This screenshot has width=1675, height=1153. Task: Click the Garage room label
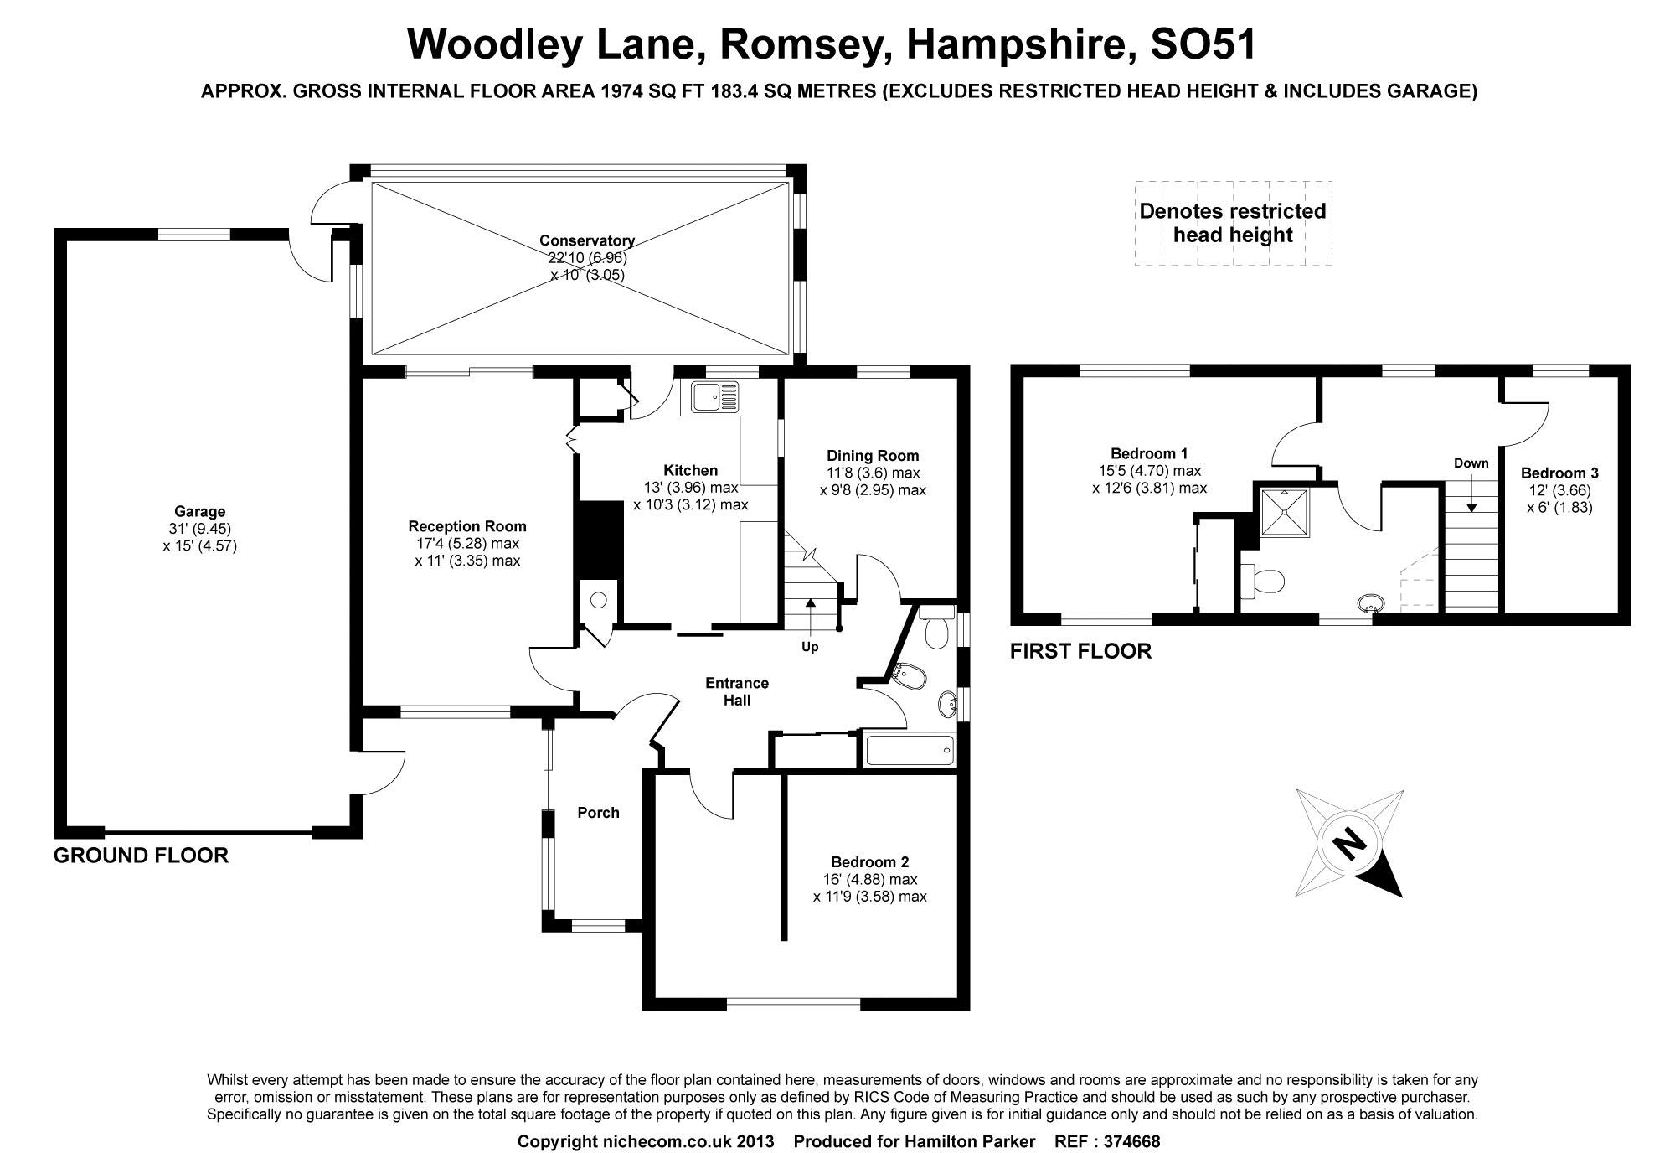199,511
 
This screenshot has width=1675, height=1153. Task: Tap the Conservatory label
586,241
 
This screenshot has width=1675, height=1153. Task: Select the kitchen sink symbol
714,396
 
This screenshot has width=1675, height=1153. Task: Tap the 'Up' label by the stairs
810,647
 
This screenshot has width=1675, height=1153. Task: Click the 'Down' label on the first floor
1471,463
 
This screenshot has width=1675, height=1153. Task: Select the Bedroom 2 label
869,862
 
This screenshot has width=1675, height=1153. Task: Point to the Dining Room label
873,456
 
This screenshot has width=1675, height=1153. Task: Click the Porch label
598,813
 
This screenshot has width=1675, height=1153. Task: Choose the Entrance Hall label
737,691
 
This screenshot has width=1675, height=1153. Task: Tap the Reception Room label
467,526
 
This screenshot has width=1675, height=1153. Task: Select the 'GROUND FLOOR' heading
141,856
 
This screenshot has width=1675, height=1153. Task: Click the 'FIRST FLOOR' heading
1080,651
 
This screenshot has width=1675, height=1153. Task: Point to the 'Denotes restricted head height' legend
1233,223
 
